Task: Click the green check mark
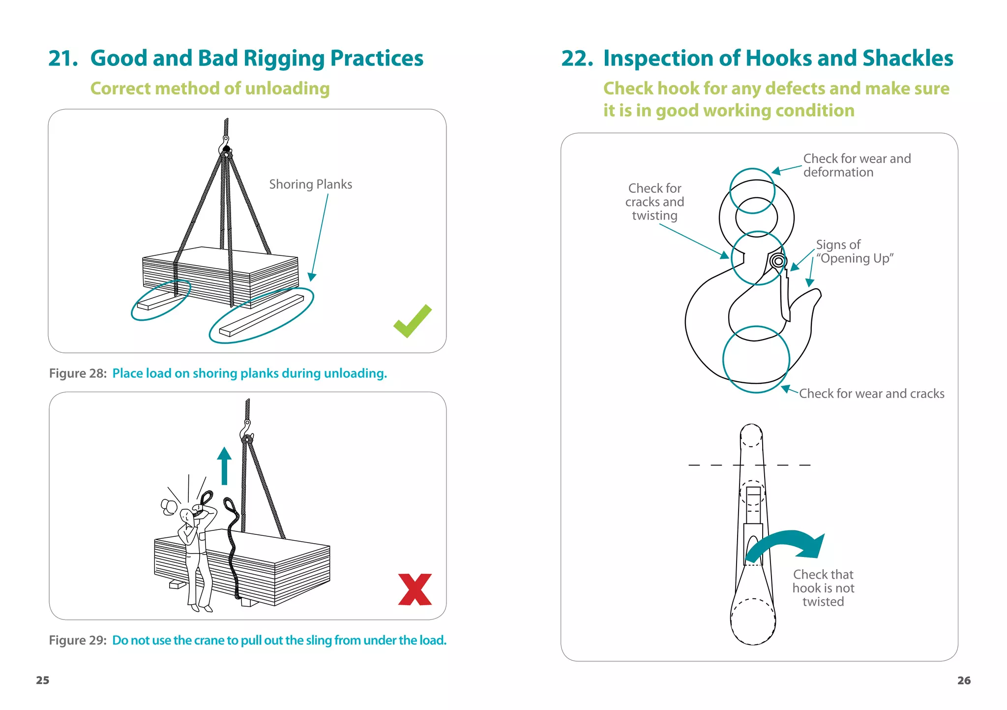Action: tap(412, 322)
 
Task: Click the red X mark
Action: tap(415, 589)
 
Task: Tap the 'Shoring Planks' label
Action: tap(310, 184)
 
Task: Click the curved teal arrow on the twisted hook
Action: tap(787, 543)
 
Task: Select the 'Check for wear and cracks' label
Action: tap(871, 394)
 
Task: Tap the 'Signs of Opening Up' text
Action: tap(854, 251)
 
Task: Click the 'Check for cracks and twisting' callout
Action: tap(654, 202)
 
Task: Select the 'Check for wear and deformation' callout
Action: tap(857, 165)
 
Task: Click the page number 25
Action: tap(43, 680)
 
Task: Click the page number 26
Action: tap(964, 680)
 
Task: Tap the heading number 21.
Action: tap(63, 58)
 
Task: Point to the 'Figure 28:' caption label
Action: tap(78, 373)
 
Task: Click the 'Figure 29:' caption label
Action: tap(78, 640)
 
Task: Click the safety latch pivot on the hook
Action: tap(778, 261)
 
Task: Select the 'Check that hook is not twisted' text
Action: tap(823, 588)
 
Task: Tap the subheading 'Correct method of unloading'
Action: tap(210, 89)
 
